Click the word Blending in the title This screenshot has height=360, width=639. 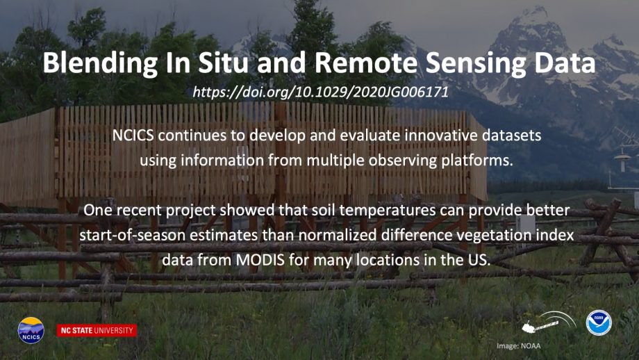click(x=100, y=63)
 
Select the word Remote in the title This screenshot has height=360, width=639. click(x=366, y=63)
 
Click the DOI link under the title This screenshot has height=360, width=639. click(x=320, y=92)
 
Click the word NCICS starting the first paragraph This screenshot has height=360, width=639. click(x=133, y=136)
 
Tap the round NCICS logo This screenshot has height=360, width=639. click(x=31, y=330)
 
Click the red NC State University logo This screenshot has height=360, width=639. click(x=97, y=330)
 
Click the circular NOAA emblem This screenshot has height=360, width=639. click(x=599, y=322)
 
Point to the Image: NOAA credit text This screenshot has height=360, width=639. click(x=518, y=345)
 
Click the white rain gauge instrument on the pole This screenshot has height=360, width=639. click(x=622, y=161)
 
